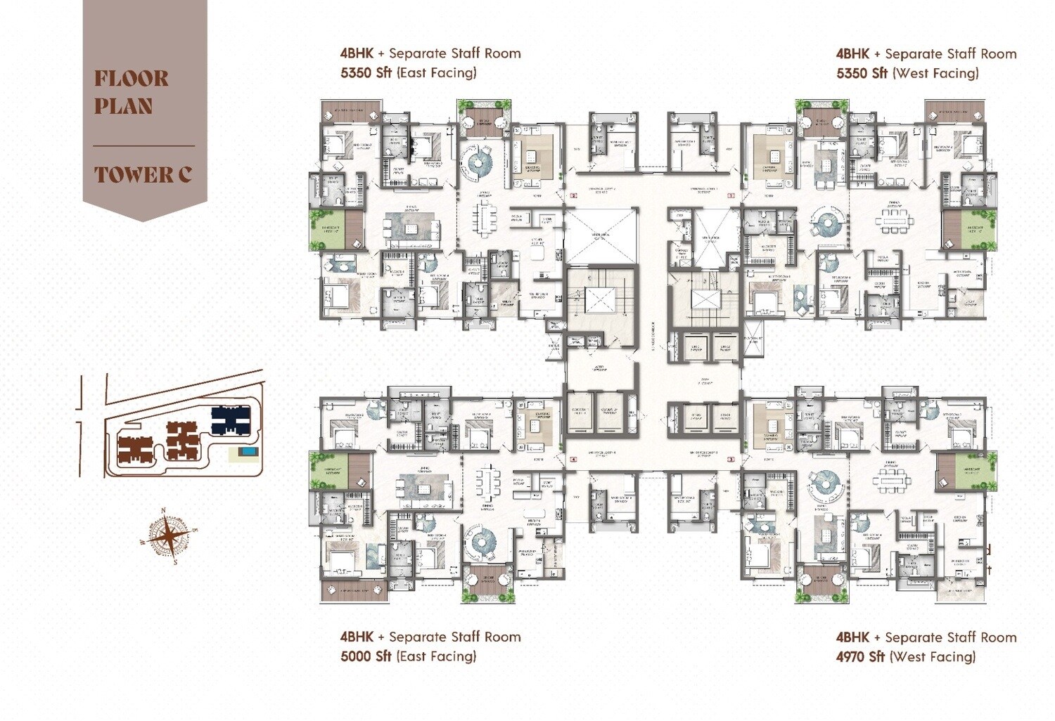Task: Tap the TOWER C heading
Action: point(143,174)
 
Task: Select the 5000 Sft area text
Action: point(366,656)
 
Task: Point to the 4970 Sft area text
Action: point(860,657)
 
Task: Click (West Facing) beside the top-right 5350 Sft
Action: point(935,73)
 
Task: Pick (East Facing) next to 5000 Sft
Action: point(436,656)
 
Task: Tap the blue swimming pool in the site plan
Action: point(247,451)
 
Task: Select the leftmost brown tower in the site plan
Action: point(134,450)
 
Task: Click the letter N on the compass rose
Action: point(164,511)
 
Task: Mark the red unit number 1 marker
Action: point(731,196)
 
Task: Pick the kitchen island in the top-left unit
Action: point(412,229)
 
